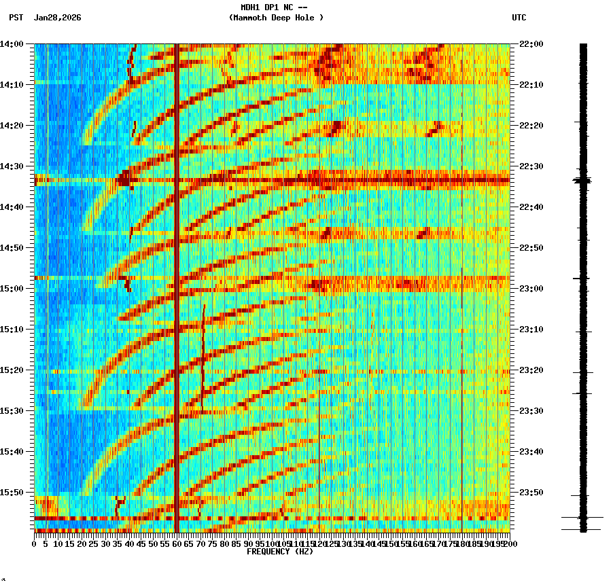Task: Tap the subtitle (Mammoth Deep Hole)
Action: click(276, 18)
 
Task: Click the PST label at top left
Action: click(16, 18)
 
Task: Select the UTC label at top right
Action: click(519, 18)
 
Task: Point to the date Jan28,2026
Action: click(57, 18)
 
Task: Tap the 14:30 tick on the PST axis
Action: click(12, 166)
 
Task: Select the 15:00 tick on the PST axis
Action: click(12, 289)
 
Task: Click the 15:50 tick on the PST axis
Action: click(12, 493)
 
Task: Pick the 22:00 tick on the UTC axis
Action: click(531, 44)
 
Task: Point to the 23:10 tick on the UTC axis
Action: click(531, 330)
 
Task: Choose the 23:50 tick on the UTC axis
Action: click(531, 493)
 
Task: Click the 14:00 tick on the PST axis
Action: click(12, 44)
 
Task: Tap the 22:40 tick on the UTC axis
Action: click(531, 207)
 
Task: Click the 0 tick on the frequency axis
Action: click(35, 544)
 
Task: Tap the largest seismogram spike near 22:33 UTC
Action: click(582, 181)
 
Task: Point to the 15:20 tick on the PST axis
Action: click(12, 370)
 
